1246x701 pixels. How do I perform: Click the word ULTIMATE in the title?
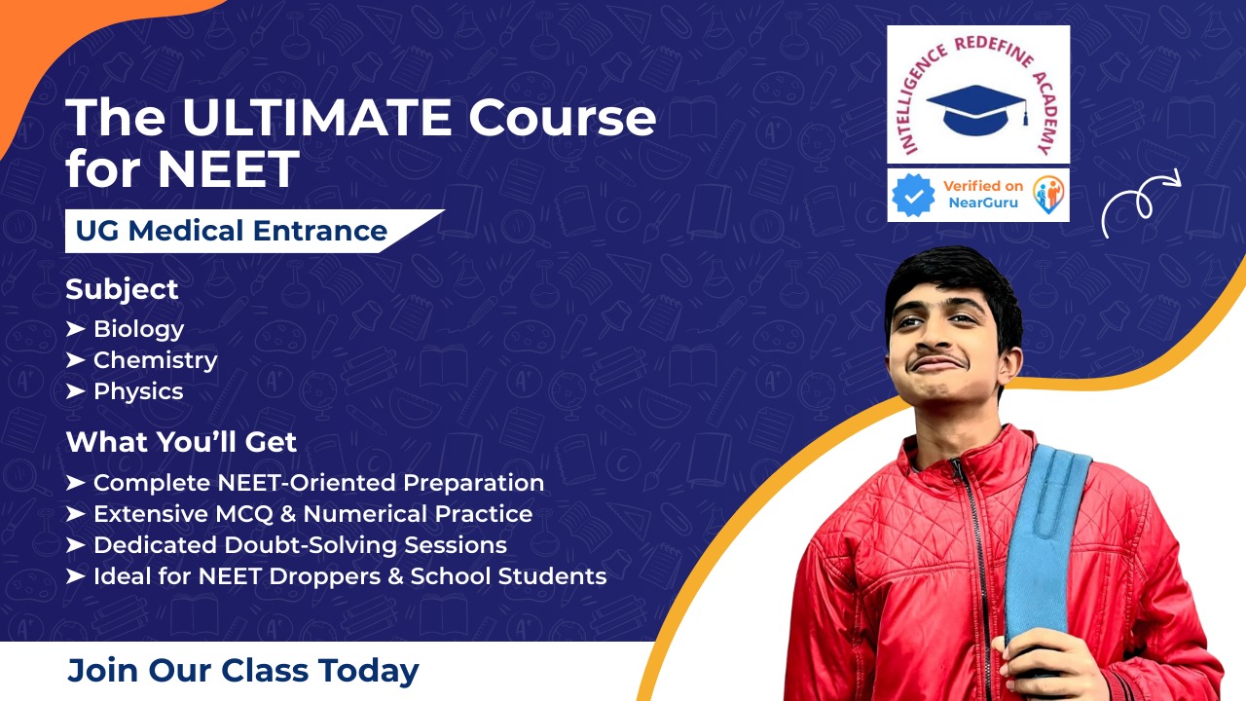(316, 118)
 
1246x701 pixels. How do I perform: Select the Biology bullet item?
(138, 329)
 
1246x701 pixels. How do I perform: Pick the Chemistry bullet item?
(155, 360)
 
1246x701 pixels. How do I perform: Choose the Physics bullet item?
(137, 391)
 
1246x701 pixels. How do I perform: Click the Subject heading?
(122, 289)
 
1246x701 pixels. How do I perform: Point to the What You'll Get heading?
(181, 442)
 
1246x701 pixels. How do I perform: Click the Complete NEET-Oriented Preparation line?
(317, 483)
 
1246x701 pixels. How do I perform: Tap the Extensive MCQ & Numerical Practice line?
(311, 514)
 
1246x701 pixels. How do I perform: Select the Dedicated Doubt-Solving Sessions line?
(299, 545)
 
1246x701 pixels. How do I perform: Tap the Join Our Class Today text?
(243, 671)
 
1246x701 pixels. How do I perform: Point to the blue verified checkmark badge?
(913, 196)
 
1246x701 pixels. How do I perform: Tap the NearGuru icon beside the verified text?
(1047, 195)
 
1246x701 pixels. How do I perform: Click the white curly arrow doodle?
(1139, 204)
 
